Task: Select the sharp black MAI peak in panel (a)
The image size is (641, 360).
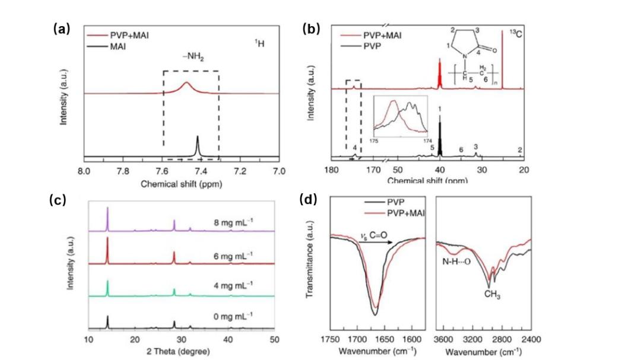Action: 197,145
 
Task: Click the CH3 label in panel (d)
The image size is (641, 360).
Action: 492,295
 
